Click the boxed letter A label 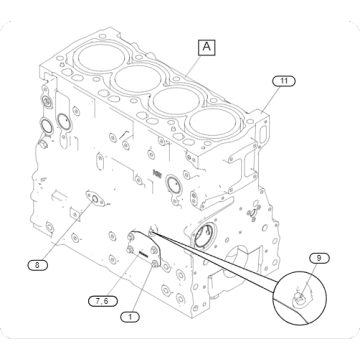click(x=206, y=46)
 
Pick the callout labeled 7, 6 click(x=100, y=300)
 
